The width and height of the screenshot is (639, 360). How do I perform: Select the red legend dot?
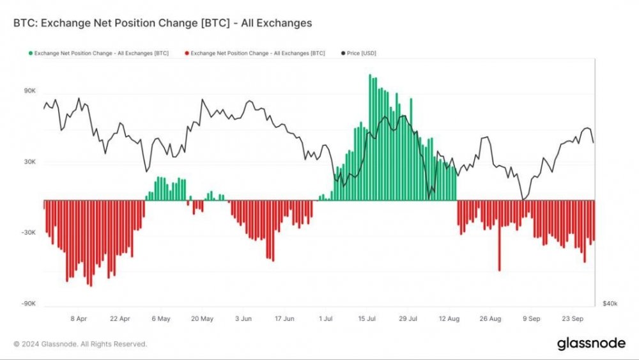point(186,53)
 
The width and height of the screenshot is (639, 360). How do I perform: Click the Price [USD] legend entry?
point(360,53)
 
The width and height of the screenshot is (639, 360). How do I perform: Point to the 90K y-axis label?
point(29,91)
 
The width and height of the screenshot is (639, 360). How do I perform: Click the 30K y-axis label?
point(29,162)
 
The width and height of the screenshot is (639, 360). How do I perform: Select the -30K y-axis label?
point(27,233)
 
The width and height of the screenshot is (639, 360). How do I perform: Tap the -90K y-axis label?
point(27,304)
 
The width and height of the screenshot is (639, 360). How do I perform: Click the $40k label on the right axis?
point(610,303)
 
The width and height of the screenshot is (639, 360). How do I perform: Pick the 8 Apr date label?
point(79,318)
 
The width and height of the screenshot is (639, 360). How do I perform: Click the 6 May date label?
point(161,318)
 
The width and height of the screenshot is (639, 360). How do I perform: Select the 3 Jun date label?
point(243,318)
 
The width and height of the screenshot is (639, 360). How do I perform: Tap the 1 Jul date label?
point(326,318)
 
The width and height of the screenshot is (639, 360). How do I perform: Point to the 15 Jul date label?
point(367,318)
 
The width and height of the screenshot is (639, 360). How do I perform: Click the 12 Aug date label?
point(449,318)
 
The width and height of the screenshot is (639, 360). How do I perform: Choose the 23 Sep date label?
point(573,318)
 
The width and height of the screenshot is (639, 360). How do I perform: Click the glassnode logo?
point(591,343)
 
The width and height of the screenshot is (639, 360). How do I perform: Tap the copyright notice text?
point(80,344)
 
